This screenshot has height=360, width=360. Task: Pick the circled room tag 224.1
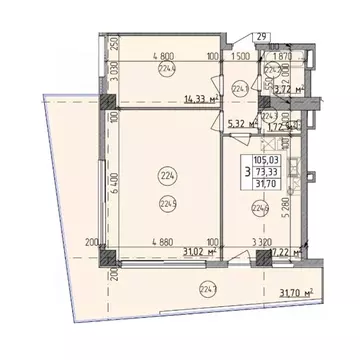[x=241, y=88]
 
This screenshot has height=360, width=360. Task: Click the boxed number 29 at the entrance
[x=261, y=37]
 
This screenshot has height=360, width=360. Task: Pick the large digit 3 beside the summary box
[x=266, y=171]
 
